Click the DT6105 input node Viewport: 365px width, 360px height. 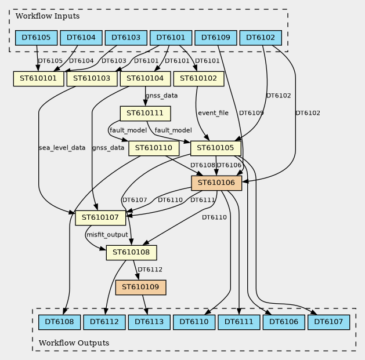pos(36,38)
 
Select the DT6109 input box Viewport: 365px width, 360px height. pos(215,38)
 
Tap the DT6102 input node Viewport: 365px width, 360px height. pos(261,38)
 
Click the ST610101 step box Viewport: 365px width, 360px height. pos(38,78)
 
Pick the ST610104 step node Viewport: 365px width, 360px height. pos(145,78)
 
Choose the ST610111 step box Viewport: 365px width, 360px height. pos(145,113)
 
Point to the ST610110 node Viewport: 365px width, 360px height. pos(154,148)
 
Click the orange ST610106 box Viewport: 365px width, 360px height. pos(216,183)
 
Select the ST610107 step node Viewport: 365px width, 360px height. pos(100,218)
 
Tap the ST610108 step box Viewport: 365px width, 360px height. pos(132,253)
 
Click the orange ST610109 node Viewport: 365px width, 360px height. pos(142,287)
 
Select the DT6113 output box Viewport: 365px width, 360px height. pos(149,321)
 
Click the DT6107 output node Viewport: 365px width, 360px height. pos(329,321)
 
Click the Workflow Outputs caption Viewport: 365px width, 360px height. pos(74,343)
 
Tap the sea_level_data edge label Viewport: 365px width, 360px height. pos(62,148)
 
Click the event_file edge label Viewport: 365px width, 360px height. pos(213,113)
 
